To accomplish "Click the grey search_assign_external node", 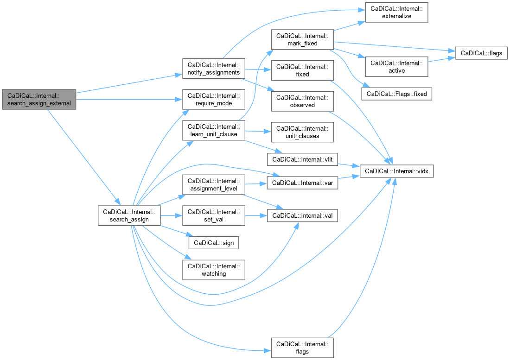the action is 39,100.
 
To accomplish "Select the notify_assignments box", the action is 214,69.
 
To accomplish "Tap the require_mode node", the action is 214,100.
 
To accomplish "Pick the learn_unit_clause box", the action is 214,130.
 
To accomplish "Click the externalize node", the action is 396,13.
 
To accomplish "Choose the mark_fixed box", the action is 302,40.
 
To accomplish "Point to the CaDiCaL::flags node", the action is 481,53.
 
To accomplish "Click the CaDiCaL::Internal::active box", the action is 396,67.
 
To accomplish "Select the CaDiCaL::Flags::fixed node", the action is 396,94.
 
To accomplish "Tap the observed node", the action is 302,101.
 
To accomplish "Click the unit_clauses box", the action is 302,132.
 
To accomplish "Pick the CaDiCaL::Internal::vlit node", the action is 302,159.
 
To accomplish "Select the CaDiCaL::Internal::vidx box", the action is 396,171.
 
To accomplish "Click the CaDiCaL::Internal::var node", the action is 302,183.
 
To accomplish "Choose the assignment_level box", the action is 214,184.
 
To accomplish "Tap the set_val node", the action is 214,215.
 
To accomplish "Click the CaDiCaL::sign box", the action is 214,243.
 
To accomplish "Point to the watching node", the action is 214,270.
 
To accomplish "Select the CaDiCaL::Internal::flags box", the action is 302,347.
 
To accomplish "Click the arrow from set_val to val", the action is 256,215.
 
